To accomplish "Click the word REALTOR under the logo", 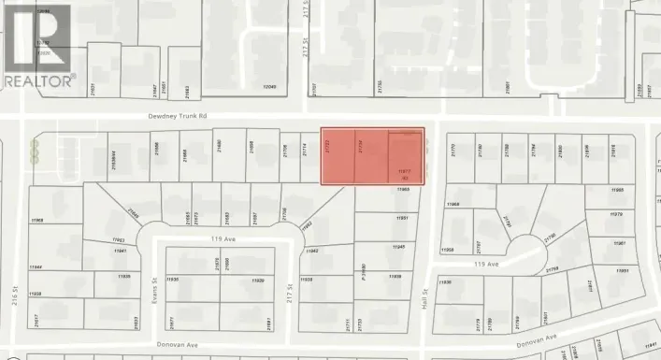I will click(x=38, y=82).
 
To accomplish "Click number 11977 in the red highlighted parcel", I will click(x=404, y=172).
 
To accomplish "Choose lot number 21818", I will click(x=613, y=149).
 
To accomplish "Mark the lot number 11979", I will click(x=616, y=215).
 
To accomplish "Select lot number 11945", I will click(x=399, y=247).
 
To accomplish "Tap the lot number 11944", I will click(x=37, y=266).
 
